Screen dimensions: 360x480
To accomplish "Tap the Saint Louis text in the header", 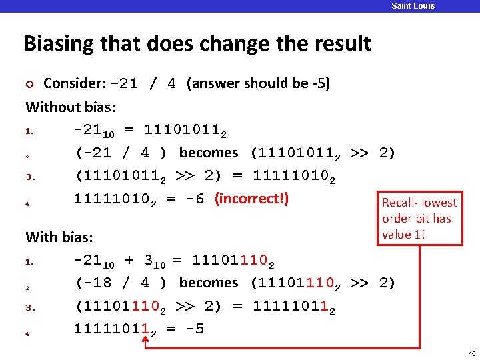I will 413,6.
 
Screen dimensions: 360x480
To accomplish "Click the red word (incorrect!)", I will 251,199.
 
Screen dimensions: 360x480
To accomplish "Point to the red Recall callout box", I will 419,219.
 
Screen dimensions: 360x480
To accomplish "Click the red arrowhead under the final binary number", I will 145,340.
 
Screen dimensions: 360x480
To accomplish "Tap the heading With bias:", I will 59,237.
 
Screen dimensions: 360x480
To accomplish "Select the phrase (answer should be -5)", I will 259,84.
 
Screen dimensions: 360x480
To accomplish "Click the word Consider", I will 74,84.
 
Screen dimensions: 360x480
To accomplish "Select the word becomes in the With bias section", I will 209,283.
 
